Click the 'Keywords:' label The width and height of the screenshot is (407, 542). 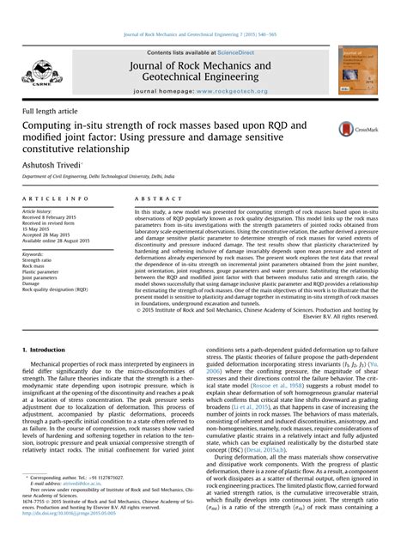[x=34, y=254]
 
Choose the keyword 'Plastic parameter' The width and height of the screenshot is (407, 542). [x=43, y=272]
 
